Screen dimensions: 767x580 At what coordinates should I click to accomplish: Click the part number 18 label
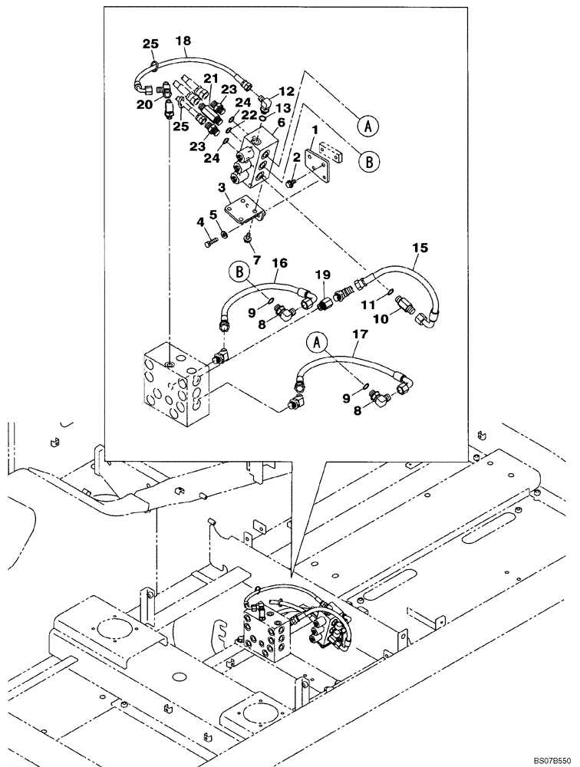pyautogui.click(x=183, y=41)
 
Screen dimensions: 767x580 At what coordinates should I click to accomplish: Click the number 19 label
pyautogui.click(x=323, y=275)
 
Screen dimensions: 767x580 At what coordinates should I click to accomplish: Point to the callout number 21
pyautogui.click(x=210, y=79)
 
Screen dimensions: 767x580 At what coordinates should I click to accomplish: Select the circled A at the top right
pyautogui.click(x=367, y=124)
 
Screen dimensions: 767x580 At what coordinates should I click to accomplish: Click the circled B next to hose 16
pyautogui.click(x=238, y=271)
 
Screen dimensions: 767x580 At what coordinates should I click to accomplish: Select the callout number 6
pyautogui.click(x=281, y=121)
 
